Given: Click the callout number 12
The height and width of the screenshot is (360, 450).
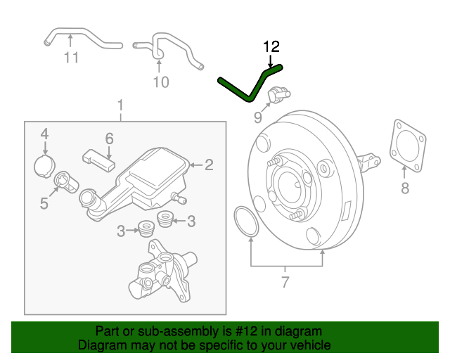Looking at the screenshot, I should tap(271, 47).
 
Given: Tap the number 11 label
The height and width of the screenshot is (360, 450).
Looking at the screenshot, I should tap(71, 58).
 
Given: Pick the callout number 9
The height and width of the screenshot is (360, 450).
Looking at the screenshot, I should tap(257, 117).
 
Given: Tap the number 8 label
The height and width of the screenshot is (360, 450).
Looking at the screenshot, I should tap(404, 188).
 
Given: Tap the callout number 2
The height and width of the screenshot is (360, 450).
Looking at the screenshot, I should tap(209, 166).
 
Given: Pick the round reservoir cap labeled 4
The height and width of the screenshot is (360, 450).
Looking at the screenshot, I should tap(44, 166).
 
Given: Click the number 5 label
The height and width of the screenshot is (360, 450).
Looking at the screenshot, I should tap(44, 204).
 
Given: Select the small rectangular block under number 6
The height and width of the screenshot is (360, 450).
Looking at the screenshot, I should tap(99, 159).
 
